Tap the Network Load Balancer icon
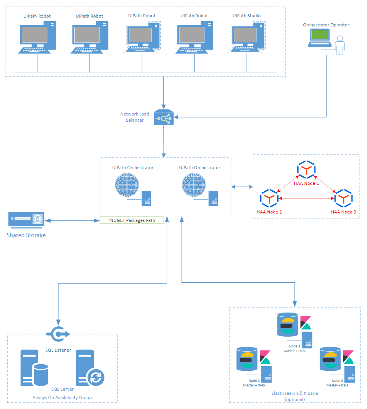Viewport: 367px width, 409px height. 163,118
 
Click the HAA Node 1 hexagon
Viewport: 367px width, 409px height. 306,170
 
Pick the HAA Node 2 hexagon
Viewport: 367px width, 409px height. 269,198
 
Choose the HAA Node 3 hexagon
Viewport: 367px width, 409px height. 343,198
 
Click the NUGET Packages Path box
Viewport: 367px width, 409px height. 132,220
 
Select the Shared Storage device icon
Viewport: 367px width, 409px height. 26,220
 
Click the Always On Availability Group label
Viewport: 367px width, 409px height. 62,398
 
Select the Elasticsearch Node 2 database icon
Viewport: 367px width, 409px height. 246,359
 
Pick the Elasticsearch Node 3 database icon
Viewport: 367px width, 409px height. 329,359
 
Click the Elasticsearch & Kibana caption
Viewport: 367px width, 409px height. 295,396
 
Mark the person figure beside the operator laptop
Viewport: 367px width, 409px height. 339,46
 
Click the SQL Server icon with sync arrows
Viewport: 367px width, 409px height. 89,368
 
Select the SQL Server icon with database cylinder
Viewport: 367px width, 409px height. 34,368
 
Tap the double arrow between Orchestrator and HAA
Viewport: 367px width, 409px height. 242,187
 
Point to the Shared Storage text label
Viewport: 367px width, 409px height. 26,235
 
